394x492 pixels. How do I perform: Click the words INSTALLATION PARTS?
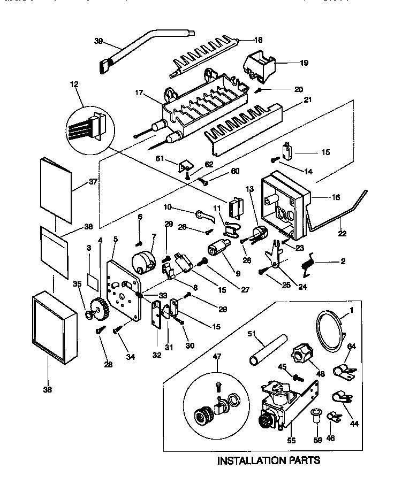tap(268, 460)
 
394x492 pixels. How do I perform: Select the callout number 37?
tap(93, 181)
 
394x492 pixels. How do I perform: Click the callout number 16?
tap(335, 197)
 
